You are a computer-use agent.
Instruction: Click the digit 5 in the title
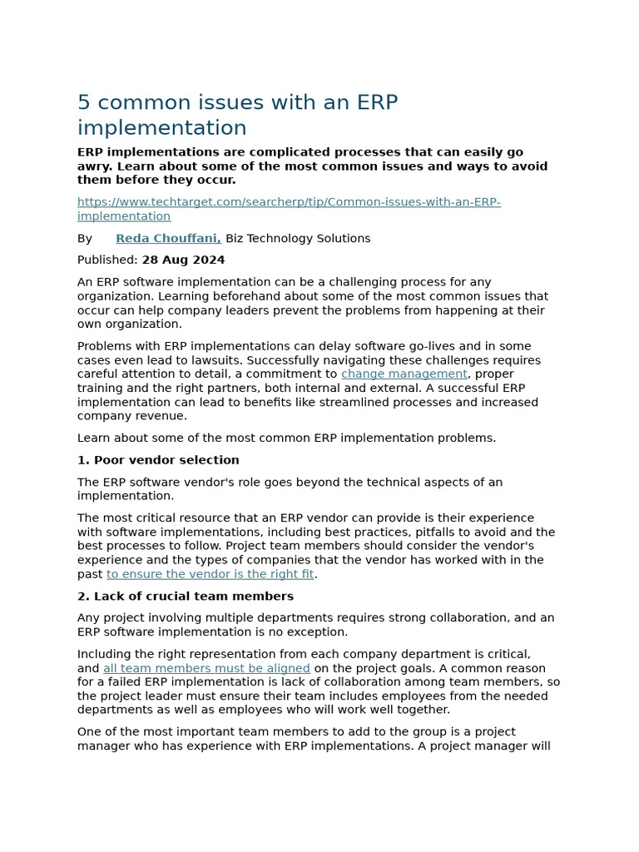[83, 103]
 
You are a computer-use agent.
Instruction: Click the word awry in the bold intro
[93, 166]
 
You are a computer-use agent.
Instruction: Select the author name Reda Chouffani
[168, 239]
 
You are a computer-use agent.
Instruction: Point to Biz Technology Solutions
[298, 239]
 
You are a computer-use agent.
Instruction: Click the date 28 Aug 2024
[183, 260]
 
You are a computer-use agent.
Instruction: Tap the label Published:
[107, 260]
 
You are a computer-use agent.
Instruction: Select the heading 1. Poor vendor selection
[158, 460]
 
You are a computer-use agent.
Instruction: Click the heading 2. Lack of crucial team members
[185, 597]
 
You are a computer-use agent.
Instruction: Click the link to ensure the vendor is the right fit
[210, 574]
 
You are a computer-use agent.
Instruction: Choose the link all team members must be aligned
[206, 669]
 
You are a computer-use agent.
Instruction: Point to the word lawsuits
[203, 360]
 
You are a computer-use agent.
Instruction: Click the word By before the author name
[85, 239]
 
